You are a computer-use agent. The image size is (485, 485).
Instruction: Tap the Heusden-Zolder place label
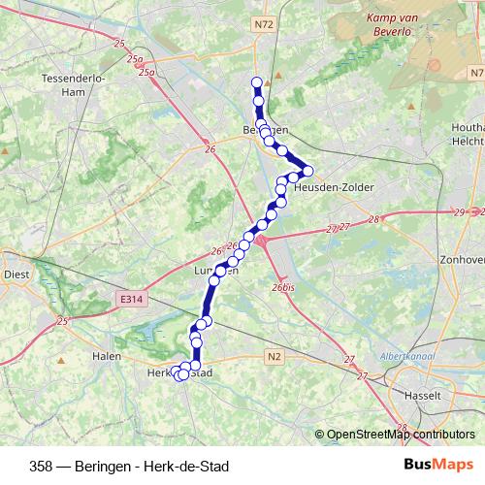[334, 186]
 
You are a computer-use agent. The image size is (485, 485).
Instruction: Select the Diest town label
[16, 274]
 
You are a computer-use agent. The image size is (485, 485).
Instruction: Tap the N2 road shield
[275, 356]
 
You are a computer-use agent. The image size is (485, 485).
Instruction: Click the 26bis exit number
[282, 287]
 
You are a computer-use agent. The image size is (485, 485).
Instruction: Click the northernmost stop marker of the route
[257, 82]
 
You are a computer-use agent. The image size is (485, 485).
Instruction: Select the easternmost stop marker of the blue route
[307, 172]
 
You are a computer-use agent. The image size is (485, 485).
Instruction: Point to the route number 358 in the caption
[42, 466]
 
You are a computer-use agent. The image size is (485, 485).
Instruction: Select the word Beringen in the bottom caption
[102, 466]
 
